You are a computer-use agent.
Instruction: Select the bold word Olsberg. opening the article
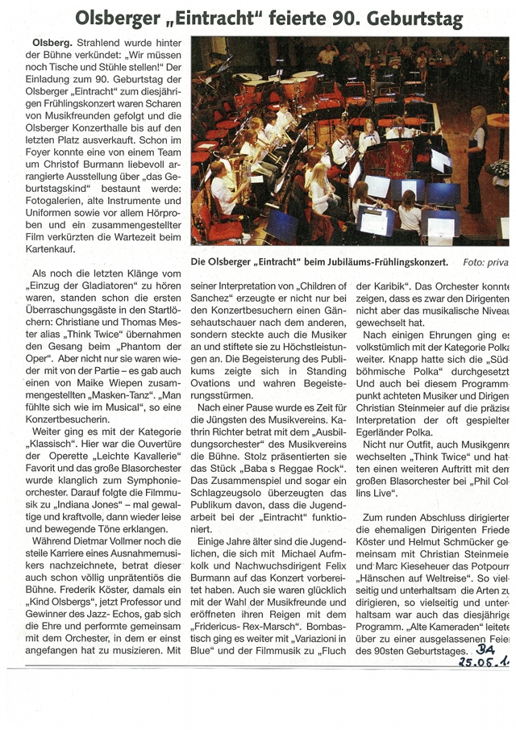coord(54,41)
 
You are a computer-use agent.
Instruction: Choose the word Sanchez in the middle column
coord(214,301)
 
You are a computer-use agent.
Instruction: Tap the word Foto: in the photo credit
coord(475,263)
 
